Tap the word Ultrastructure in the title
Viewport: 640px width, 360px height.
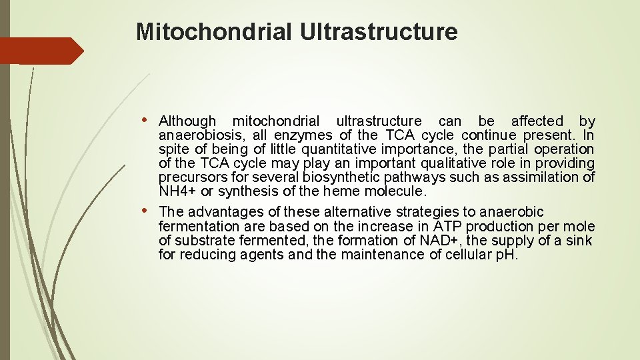tap(379, 31)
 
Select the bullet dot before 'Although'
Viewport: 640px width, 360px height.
tap(147, 121)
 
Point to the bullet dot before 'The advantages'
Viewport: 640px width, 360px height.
tap(147, 211)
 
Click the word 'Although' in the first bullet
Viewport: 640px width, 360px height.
tap(187, 121)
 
